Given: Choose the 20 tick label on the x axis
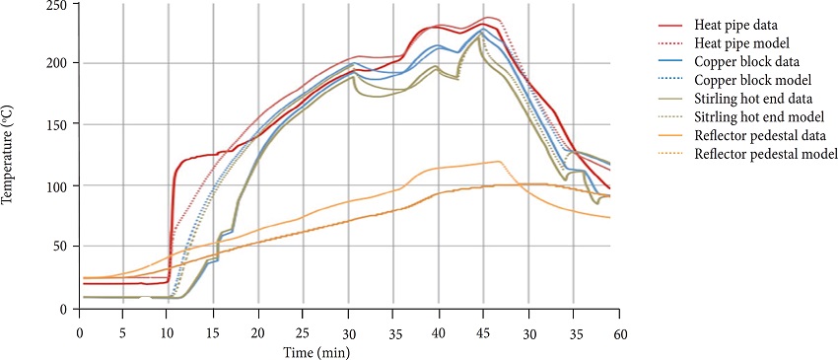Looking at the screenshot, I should click(258, 332).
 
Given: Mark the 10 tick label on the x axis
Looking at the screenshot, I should click(169, 332).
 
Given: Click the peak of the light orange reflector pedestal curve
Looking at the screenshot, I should click(498, 161).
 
